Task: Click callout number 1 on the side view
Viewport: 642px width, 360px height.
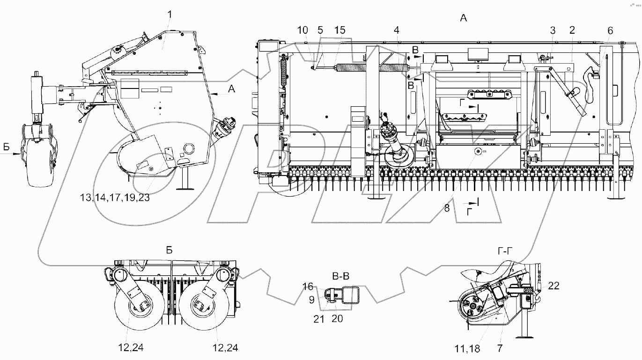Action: [170, 15]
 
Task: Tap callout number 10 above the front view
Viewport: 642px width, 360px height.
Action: [303, 30]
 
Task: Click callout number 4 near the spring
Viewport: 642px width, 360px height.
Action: [397, 30]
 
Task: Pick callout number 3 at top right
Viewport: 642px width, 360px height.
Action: [553, 30]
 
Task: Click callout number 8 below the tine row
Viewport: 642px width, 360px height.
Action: [447, 208]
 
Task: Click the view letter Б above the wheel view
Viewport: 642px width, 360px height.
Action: [169, 250]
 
